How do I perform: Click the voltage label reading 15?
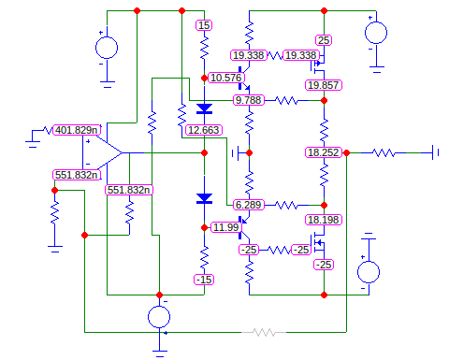point(204,25)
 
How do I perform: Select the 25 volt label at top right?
point(324,40)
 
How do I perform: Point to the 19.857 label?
point(323,85)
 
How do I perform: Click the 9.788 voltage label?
point(250,99)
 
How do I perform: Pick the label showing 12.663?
point(203,130)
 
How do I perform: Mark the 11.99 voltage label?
point(224,227)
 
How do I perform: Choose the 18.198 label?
point(324,220)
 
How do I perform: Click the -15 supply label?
point(204,280)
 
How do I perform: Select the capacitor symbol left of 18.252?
point(240,151)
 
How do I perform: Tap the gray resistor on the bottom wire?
point(265,332)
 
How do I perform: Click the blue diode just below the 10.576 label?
point(204,94)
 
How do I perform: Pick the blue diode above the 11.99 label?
point(204,198)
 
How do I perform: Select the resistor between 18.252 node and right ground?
point(384,151)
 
